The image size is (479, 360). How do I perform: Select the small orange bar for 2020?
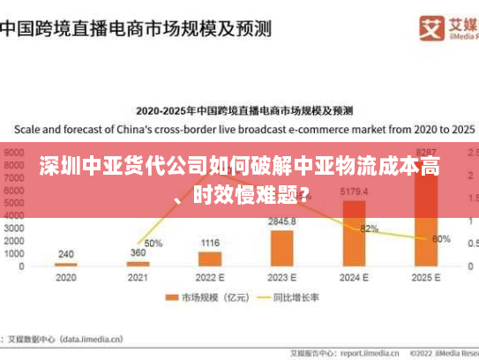point(66,264)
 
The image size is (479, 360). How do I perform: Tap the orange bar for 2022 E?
point(210,259)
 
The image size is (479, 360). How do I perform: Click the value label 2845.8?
point(282,221)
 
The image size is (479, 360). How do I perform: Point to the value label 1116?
point(210,243)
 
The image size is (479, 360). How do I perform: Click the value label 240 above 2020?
point(66,253)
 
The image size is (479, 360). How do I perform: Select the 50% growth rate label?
point(153,243)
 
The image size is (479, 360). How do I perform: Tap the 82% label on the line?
point(369,229)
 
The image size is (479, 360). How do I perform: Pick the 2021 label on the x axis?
point(138,277)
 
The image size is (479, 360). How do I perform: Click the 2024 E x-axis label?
point(354,277)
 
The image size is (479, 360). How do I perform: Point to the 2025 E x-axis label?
point(426,277)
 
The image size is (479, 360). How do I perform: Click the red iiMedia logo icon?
point(431,27)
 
